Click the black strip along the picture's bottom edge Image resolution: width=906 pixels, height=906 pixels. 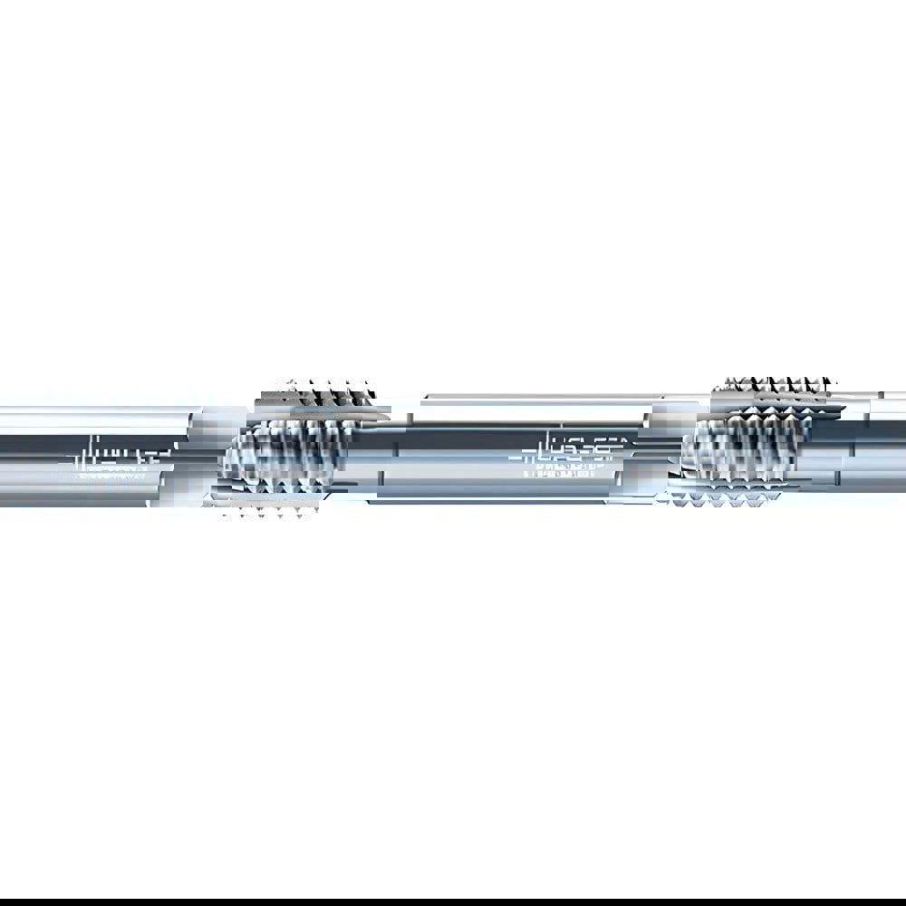[453, 901]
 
